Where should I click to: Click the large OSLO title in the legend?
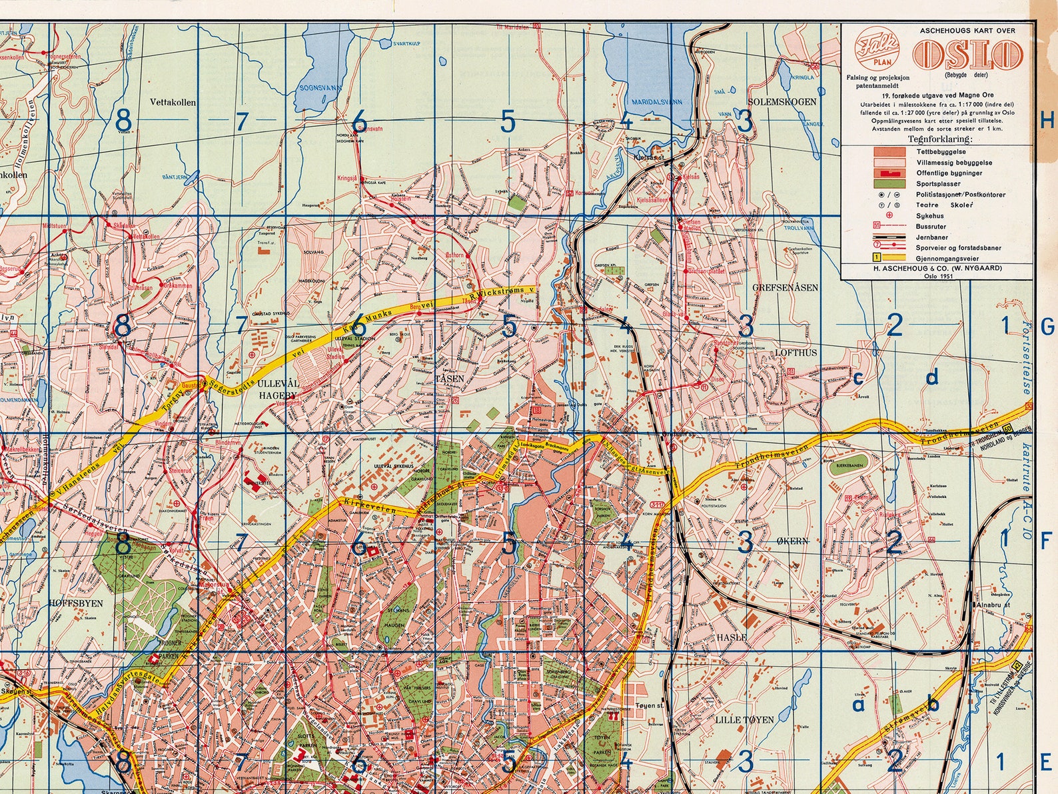969,53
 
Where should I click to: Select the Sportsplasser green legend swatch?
889,183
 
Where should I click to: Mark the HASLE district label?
731,637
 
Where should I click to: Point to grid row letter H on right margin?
1047,121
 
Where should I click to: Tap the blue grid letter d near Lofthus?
932,378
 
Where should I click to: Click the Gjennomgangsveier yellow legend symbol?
889,257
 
